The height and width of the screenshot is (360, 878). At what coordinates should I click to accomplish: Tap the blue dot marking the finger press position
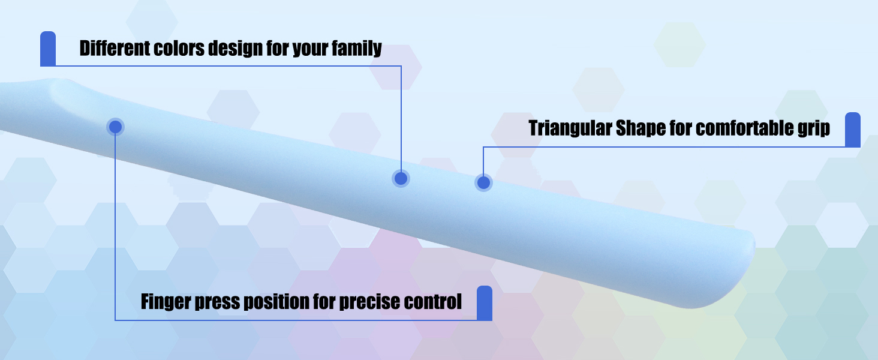pyautogui.click(x=115, y=127)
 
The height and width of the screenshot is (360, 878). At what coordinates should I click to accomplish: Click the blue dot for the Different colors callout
pyautogui.click(x=401, y=178)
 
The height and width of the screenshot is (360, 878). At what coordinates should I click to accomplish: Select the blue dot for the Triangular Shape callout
pyautogui.click(x=483, y=182)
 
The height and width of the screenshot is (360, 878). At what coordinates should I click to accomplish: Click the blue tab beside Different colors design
pyautogui.click(x=48, y=49)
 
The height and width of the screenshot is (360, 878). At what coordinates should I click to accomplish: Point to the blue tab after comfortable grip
pyautogui.click(x=853, y=130)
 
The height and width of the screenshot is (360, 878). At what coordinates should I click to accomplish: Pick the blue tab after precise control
pyautogui.click(x=485, y=303)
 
